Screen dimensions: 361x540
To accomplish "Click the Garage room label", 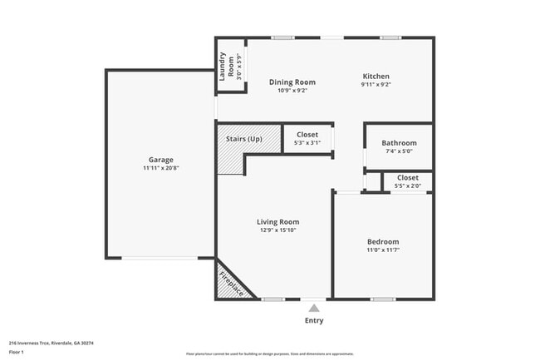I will coord(161,160).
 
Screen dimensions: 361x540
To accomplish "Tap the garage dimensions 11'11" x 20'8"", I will coord(161,168).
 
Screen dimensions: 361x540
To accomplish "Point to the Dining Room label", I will coord(292,82).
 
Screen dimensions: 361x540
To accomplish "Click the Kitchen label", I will coord(376,76).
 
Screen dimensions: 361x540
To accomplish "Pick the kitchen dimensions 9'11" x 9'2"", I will coord(376,84).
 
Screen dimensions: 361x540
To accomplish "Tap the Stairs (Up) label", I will coord(243,138).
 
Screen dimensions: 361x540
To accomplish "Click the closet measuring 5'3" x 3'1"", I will coord(307,138).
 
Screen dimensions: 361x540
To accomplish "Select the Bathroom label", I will coord(400,143).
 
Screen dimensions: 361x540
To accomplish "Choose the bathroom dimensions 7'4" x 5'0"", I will coord(400,151).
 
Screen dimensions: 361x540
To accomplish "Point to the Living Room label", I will coord(277,222).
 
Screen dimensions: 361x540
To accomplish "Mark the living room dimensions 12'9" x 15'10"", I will coord(277,230).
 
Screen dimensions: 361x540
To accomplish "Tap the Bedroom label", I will coord(383,241).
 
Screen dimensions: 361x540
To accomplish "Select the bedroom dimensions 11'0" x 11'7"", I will coord(383,250).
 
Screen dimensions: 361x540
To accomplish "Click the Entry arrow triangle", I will coord(314,308).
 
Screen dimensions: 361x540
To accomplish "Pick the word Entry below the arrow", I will coord(314,320).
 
